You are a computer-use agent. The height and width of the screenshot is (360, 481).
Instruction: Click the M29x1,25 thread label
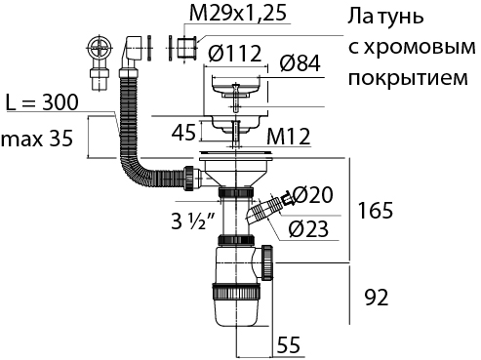238,13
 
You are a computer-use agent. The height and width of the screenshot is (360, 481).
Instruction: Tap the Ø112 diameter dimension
234,53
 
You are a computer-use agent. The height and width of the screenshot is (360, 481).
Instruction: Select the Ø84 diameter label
300,62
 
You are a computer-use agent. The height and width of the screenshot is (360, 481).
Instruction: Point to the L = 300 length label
42,102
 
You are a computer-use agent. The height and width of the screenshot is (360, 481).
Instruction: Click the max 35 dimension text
37,139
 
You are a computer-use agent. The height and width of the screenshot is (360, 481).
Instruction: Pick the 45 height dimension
183,132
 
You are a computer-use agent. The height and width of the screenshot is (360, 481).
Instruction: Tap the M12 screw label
288,137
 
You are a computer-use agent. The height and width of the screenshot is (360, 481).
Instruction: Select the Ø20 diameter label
313,195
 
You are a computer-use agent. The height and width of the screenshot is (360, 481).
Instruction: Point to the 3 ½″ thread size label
192,221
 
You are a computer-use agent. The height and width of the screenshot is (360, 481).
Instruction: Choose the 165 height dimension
375,210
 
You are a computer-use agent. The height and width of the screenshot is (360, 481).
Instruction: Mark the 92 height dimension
377,298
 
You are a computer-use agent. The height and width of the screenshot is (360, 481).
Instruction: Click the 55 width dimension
288,344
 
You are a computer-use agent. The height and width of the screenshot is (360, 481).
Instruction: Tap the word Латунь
385,16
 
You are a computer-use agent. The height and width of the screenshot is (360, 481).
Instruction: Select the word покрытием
408,77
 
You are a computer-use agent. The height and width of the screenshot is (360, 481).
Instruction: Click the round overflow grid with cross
100,49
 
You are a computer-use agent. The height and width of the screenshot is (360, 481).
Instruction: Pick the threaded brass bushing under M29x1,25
186,48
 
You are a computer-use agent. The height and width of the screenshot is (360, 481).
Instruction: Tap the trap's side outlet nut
267,262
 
